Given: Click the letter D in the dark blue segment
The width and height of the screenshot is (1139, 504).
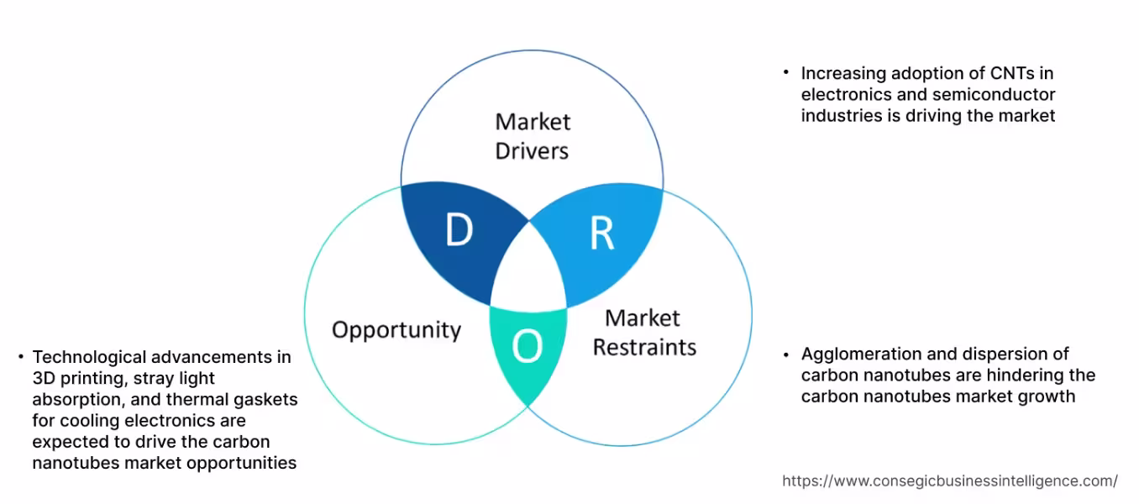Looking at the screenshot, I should coord(459,230).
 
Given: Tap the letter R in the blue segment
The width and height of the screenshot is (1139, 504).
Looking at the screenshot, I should coord(601,234).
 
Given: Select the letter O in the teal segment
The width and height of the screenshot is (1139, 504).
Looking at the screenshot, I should coord(527,346).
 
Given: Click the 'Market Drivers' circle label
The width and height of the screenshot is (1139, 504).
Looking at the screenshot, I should coord(533,136).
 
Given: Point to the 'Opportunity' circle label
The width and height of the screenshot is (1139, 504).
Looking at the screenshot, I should coord(396,329).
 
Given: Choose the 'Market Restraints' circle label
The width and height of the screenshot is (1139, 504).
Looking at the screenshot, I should coord(644,333).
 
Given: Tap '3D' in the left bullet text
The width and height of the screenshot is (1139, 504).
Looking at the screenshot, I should coord(43,378).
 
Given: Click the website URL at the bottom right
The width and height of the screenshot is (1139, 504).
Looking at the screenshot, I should coord(950,481).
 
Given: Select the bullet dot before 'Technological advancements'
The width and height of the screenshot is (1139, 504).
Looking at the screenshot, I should coord(19,357).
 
